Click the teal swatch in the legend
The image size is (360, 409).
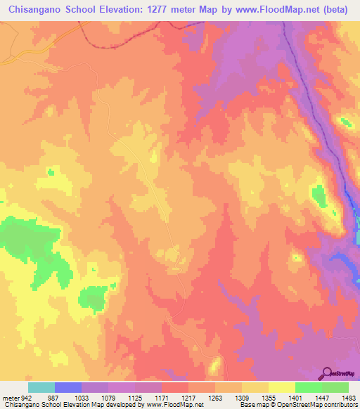point(41,387)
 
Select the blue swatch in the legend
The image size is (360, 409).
point(68,387)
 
